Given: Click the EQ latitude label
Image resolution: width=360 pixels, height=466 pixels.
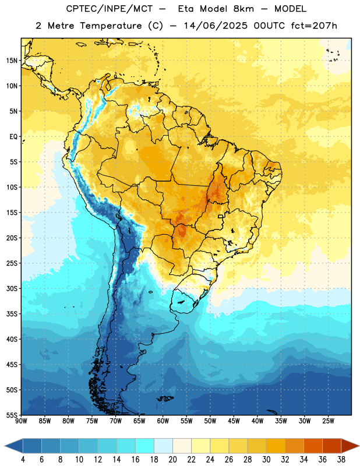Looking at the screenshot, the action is coord(13,137).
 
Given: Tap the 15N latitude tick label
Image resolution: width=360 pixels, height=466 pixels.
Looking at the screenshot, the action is coord(12,61).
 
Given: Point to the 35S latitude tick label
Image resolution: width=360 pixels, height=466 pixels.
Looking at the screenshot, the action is coord(12,314).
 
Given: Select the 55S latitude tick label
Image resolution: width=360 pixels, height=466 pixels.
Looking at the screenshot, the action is coord(12,415).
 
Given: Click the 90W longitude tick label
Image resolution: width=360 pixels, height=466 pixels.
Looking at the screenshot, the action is coord(22,421).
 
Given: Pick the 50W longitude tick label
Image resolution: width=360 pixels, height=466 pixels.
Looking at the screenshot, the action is coord(210,421).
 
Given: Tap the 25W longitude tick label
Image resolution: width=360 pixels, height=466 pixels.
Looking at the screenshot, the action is coord(328,421).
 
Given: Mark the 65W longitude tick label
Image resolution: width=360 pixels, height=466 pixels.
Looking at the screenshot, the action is coord(139,421).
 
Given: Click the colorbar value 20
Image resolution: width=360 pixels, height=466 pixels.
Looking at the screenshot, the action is coord(172,460).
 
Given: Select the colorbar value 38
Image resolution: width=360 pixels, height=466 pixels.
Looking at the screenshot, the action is coord(341,460).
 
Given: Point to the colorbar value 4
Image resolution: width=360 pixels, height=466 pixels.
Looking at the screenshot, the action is coord(23,460).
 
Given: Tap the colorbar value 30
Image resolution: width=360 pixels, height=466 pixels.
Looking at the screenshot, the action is coord(266,460).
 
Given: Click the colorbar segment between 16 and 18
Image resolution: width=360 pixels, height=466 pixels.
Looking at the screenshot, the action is coord(145,446).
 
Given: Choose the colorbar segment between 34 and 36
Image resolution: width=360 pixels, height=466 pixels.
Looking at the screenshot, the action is coord(313,446).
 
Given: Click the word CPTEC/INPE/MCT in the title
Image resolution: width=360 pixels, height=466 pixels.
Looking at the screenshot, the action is coord(109,9).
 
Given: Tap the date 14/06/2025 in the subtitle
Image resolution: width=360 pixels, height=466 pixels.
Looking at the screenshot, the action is coord(216,26).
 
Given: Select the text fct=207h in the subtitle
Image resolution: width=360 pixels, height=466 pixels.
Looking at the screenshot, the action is coord(314,26).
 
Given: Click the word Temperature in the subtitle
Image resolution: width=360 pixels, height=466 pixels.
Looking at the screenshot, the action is coord(111,26).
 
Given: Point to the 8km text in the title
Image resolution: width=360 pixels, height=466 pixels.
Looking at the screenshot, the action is coord(243,9).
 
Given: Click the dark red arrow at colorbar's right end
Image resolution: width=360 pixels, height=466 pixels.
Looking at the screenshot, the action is coord(350,446).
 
